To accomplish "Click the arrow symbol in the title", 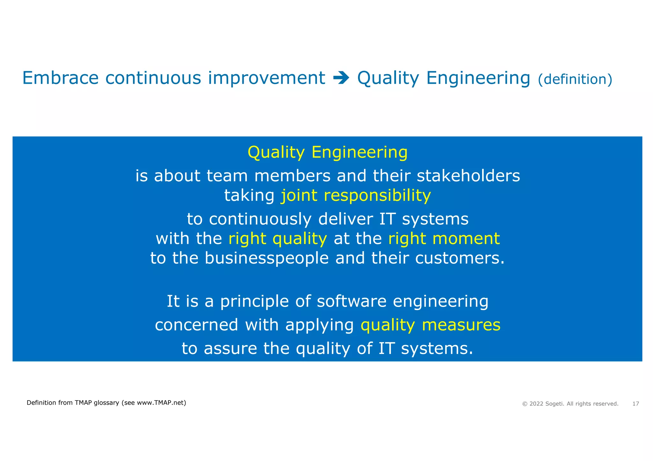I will pyautogui.click(x=341, y=78).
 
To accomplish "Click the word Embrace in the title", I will pyautogui.click(x=60, y=78).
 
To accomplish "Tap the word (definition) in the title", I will pyautogui.click(x=575, y=79).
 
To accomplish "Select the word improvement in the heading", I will pyautogui.click(x=266, y=78).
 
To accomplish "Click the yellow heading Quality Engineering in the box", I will pyautogui.click(x=327, y=152).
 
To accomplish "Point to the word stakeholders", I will pyautogui.click(x=468, y=176).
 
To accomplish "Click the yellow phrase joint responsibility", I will pyautogui.click(x=356, y=195).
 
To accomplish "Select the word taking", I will pyautogui.click(x=249, y=195).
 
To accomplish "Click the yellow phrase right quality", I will pyautogui.click(x=277, y=239).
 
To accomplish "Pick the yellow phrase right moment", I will pyautogui.click(x=444, y=239).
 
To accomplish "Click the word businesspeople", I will pyautogui.click(x=266, y=258).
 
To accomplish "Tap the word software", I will pyautogui.click(x=351, y=301).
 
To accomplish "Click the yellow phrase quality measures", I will pyautogui.click(x=430, y=325).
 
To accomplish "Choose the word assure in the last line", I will pyautogui.click(x=230, y=349).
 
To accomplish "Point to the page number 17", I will pyautogui.click(x=635, y=404).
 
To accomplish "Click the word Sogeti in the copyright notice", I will pyautogui.click(x=554, y=404).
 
